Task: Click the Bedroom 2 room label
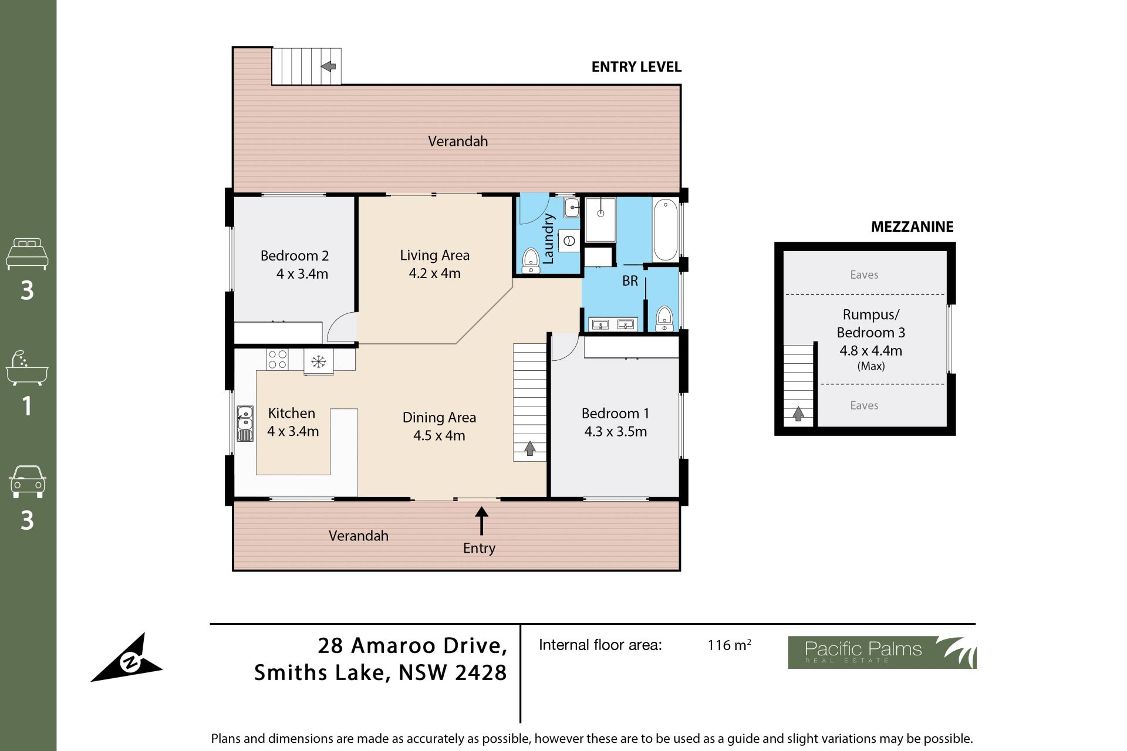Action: [x=295, y=256]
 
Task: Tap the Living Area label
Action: [x=435, y=255]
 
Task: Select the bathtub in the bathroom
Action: [x=665, y=229]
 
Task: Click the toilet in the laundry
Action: [x=531, y=260]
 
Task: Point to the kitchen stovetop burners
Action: [x=277, y=359]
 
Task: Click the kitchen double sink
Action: [x=245, y=423]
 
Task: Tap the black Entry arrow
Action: [x=481, y=521]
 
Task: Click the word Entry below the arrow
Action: [x=479, y=548]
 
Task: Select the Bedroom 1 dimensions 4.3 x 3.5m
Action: [x=616, y=431]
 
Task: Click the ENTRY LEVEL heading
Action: [x=636, y=67]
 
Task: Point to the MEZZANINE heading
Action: [x=912, y=226]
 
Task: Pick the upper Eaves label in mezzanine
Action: [x=864, y=275]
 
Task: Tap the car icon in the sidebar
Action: [x=28, y=482]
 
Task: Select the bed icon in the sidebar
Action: [x=27, y=253]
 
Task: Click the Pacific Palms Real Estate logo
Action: [x=882, y=652]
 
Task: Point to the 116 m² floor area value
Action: [x=729, y=645]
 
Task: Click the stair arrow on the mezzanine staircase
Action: [x=798, y=414]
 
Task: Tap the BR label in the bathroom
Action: [x=630, y=281]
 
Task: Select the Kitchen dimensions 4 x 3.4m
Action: [x=293, y=431]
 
